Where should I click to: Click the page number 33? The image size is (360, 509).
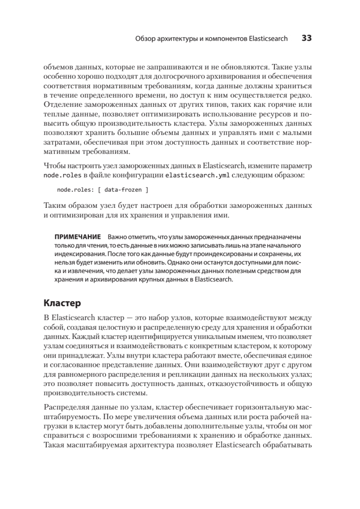(x=307, y=38)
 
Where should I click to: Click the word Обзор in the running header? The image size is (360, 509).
(x=145, y=39)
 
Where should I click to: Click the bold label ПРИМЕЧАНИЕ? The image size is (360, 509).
(x=77, y=236)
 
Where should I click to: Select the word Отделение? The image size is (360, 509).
(x=61, y=105)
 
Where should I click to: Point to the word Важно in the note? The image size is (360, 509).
(x=117, y=236)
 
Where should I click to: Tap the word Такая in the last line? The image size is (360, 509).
(x=54, y=445)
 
